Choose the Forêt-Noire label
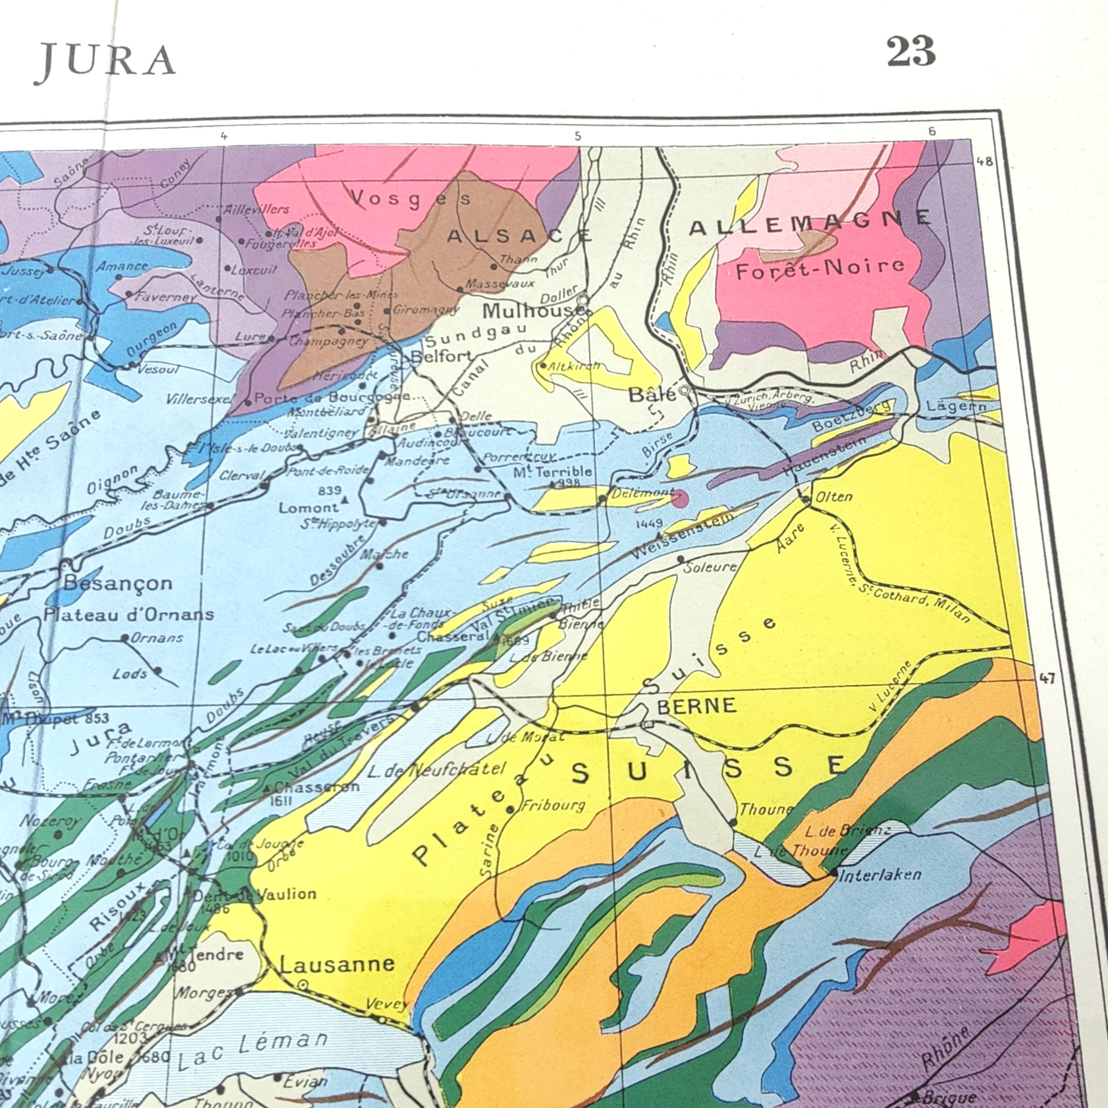coord(820,268)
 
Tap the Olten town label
coord(834,497)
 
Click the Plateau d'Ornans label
coord(129,615)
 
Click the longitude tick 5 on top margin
coord(577,136)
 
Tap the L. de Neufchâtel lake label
coord(437,770)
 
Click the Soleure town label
coord(710,567)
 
